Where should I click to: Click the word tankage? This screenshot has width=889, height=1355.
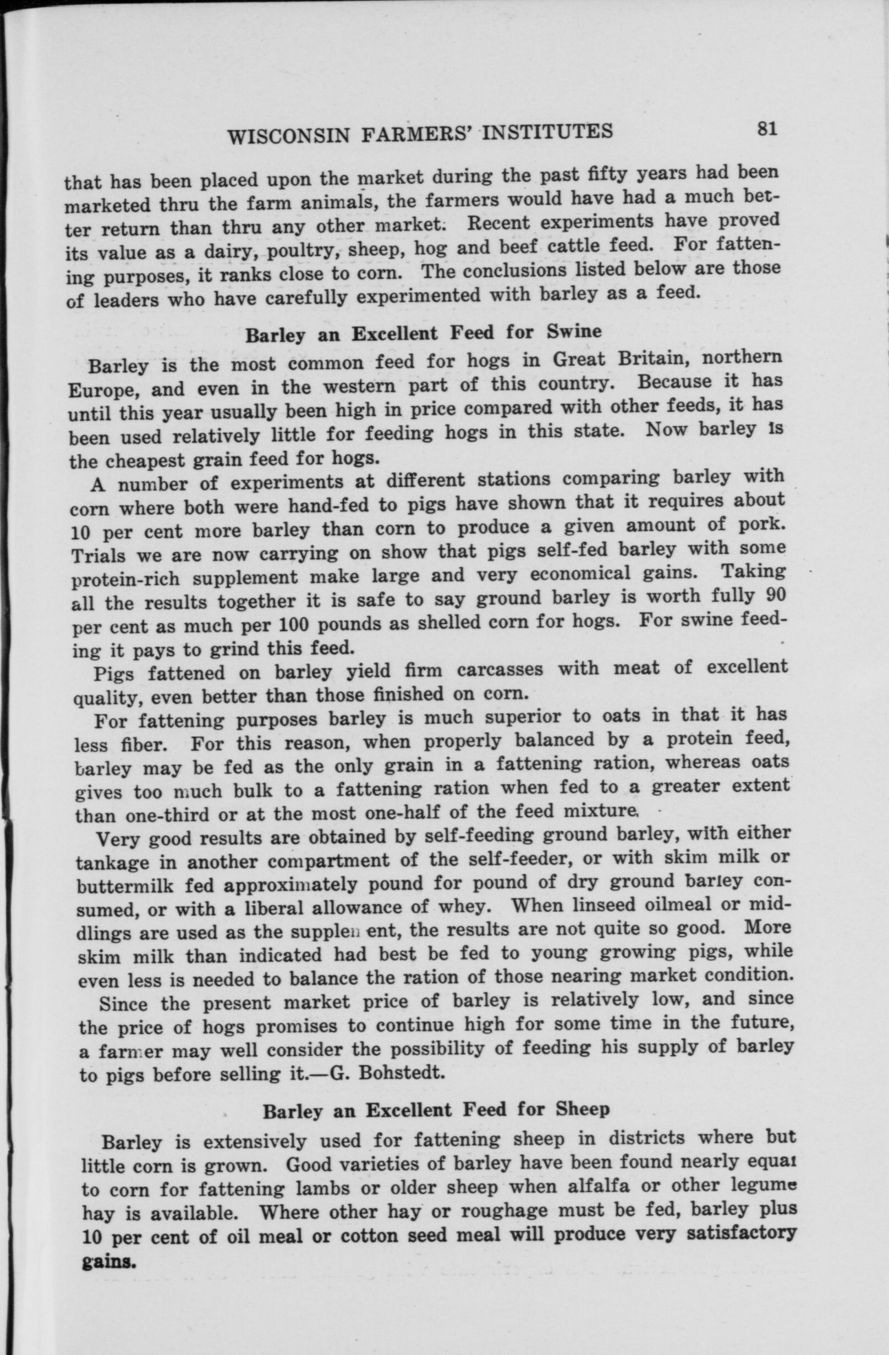112,863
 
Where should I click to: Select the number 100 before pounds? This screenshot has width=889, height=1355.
293,625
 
